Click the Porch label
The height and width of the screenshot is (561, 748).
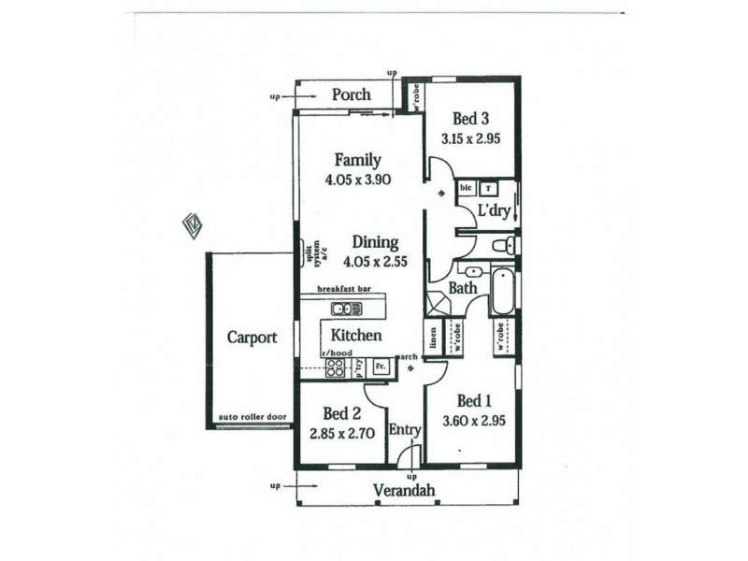pyautogui.click(x=352, y=94)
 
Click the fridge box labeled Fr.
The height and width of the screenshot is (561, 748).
pyautogui.click(x=381, y=367)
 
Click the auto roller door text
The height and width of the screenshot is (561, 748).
pyautogui.click(x=249, y=417)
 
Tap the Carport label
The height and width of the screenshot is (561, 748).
pyautogui.click(x=252, y=338)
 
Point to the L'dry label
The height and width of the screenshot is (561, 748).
pyautogui.click(x=494, y=211)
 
